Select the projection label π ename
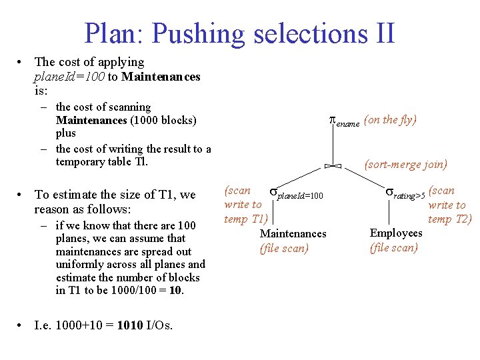[x=345, y=121]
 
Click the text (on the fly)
[x=391, y=120]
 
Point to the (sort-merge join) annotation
[x=405, y=164]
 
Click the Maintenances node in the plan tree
[x=293, y=233]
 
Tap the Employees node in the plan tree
[x=396, y=233]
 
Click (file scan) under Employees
[x=394, y=248]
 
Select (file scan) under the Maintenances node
[x=284, y=249]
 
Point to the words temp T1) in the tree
[x=245, y=219]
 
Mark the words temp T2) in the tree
[x=450, y=219]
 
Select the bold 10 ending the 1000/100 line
[x=176, y=291]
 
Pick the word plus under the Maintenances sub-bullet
[x=66, y=133]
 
